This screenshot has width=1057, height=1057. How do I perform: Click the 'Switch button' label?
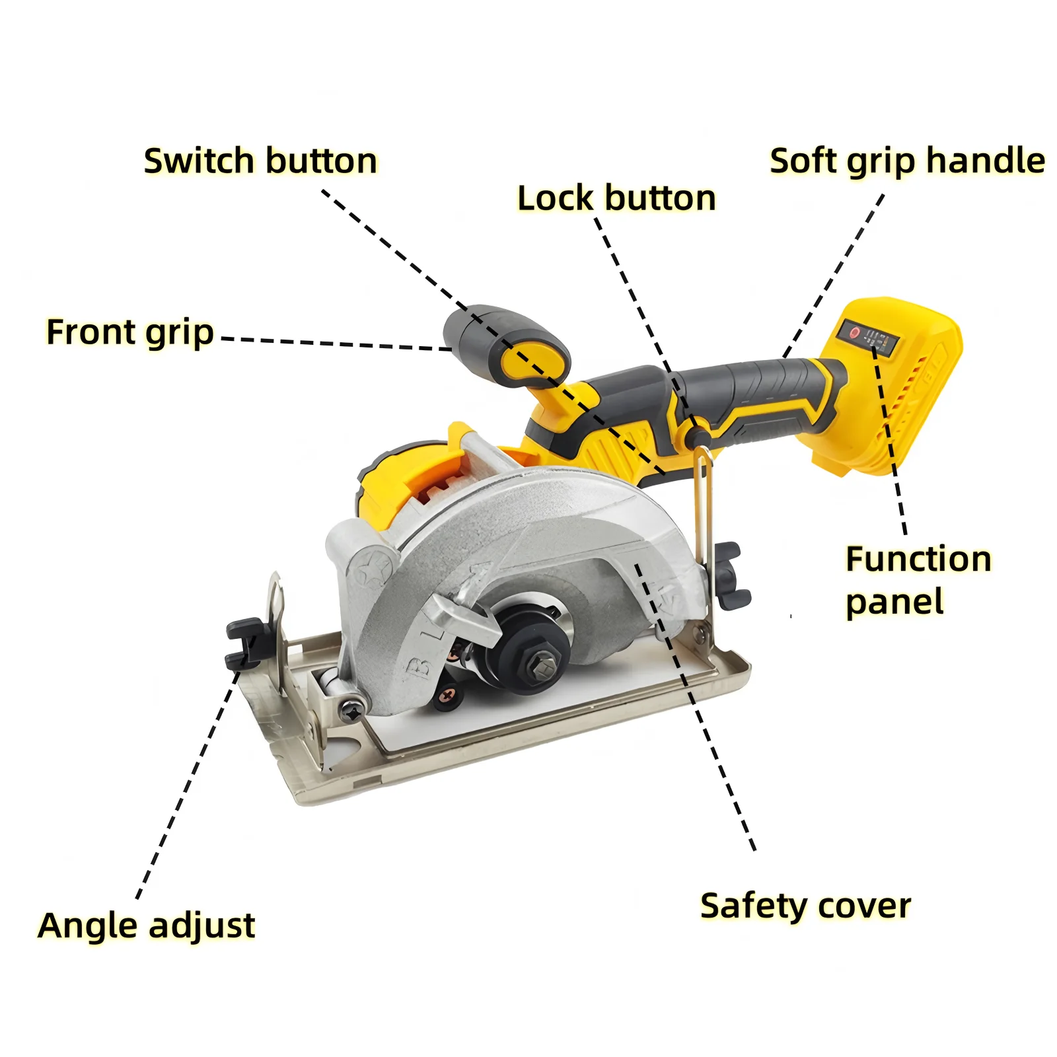coord(260,161)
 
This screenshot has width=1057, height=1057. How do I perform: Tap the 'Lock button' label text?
coord(616,198)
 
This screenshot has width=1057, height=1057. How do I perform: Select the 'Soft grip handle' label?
coord(907,161)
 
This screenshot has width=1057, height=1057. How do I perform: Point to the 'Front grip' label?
coord(130,332)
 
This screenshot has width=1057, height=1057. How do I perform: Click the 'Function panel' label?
coord(918,580)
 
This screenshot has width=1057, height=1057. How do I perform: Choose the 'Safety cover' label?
coord(805,906)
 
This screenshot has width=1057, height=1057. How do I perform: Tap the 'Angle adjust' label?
coord(147,926)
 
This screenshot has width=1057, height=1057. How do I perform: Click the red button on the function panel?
coord(854,333)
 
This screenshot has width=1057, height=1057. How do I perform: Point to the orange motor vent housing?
coord(433,486)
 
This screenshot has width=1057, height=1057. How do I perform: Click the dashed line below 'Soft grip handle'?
coord(834,275)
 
